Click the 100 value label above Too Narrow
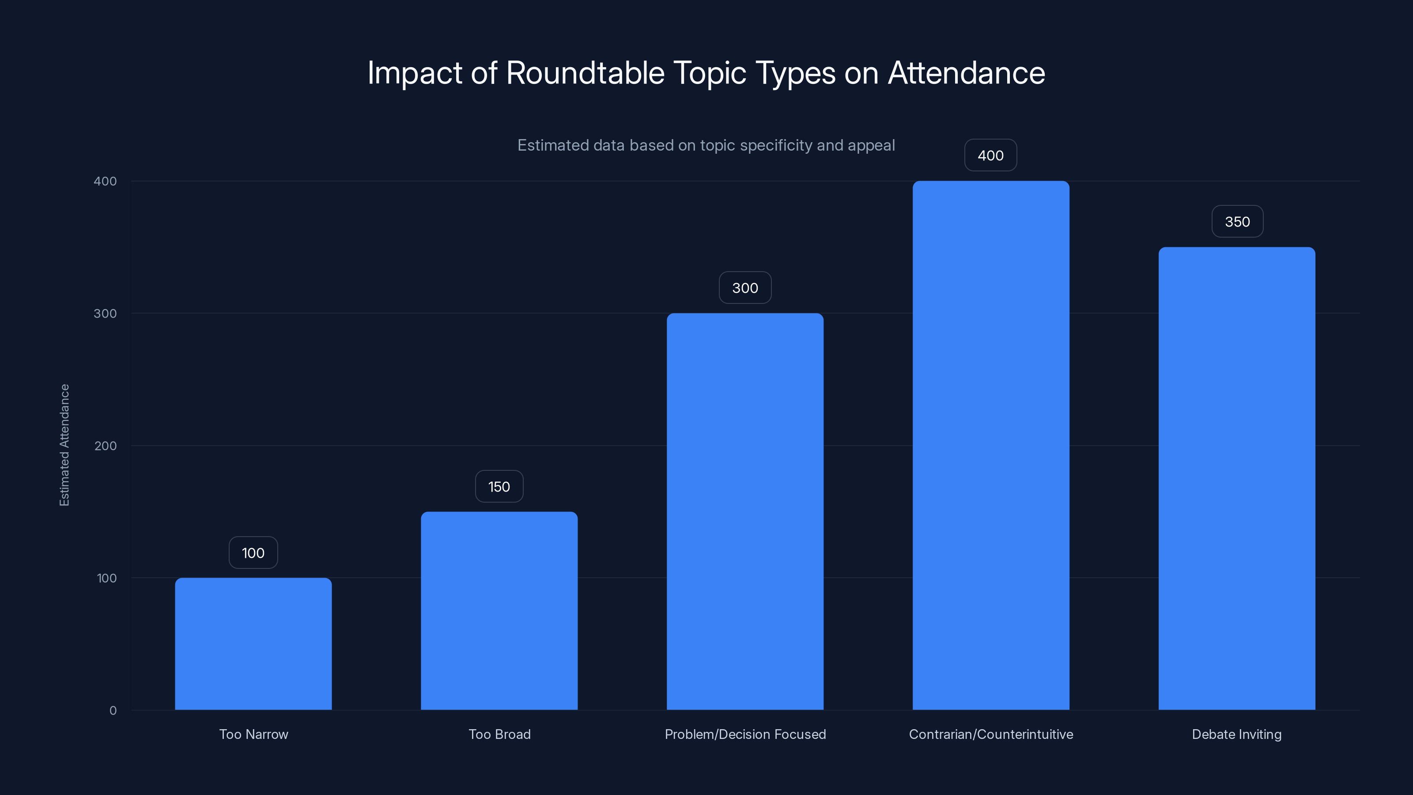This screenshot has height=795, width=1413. (253, 553)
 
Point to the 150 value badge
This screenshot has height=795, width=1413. (499, 487)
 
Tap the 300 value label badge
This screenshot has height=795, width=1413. (745, 288)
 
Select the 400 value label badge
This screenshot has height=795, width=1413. (990, 155)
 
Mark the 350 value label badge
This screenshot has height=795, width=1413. (1237, 222)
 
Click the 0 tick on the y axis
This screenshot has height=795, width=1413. (113, 711)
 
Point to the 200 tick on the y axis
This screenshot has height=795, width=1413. (106, 446)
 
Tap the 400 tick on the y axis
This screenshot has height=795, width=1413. (106, 181)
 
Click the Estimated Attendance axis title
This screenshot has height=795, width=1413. (64, 445)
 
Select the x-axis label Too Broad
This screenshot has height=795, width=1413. (499, 734)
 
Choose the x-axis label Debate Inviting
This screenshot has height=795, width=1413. (1236, 734)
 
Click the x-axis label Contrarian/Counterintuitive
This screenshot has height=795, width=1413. (990, 734)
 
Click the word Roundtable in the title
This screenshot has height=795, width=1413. (585, 73)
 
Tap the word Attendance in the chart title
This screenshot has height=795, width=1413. (966, 73)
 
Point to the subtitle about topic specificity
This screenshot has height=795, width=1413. (706, 145)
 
